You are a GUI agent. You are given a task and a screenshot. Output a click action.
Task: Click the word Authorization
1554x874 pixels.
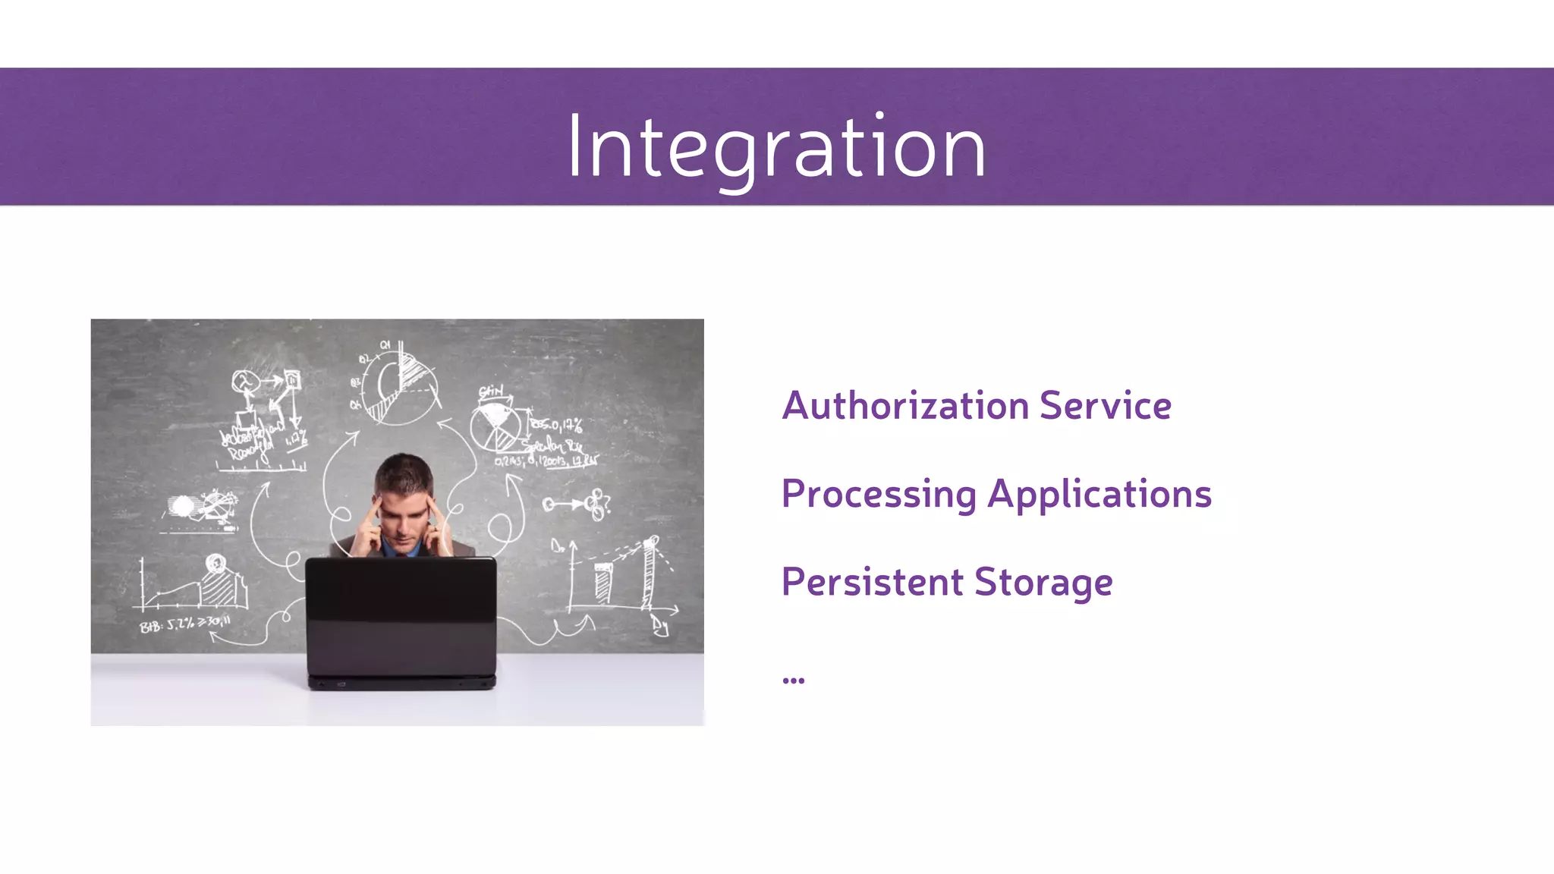[904, 406]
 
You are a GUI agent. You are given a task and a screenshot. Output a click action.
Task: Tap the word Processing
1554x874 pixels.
[878, 495]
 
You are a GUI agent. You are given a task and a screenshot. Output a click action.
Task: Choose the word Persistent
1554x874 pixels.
[872, 583]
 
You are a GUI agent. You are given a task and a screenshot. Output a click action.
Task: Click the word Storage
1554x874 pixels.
[1043, 583]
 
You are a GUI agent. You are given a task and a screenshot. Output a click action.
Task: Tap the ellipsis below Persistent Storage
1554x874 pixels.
[793, 680]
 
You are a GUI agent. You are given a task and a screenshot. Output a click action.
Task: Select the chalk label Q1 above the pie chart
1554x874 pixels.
[385, 345]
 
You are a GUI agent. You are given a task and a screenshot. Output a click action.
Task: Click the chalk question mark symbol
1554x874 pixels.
[605, 502]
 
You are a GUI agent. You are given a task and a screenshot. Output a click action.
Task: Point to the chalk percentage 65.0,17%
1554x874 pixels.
[557, 425]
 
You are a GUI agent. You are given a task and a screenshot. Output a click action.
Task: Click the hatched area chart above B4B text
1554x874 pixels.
[220, 584]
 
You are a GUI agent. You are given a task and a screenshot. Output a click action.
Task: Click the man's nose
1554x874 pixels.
[404, 523]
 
